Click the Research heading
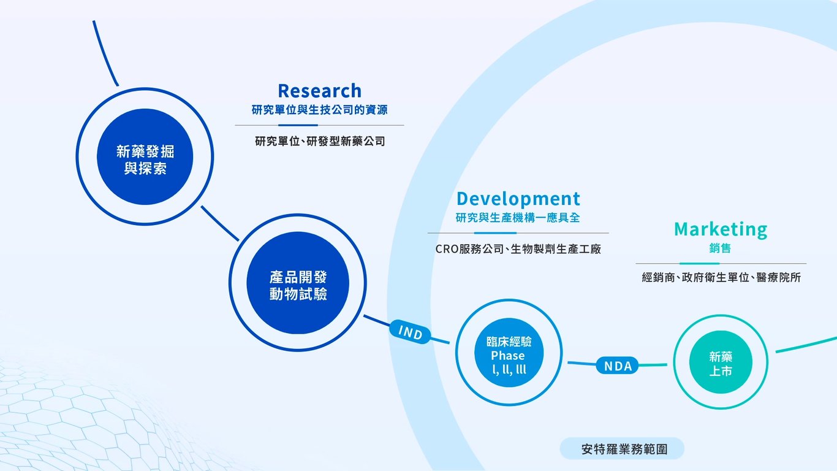(x=319, y=91)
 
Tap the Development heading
(x=518, y=199)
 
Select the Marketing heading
(x=720, y=229)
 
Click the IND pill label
(x=411, y=332)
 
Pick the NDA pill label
(x=618, y=366)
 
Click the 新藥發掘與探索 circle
(x=145, y=156)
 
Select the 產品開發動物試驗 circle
(x=298, y=283)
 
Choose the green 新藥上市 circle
(x=721, y=362)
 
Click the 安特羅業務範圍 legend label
(x=623, y=449)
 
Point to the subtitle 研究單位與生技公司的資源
(x=319, y=110)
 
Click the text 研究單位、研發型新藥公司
(x=320, y=141)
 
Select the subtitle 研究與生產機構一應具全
(x=518, y=218)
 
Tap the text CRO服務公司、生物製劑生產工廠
(x=518, y=249)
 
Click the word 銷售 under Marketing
(x=720, y=248)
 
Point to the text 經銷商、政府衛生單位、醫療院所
(x=721, y=278)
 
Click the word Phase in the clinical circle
(x=508, y=356)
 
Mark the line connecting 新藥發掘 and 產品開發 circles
(x=220, y=223)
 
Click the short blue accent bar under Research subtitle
(x=298, y=125)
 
